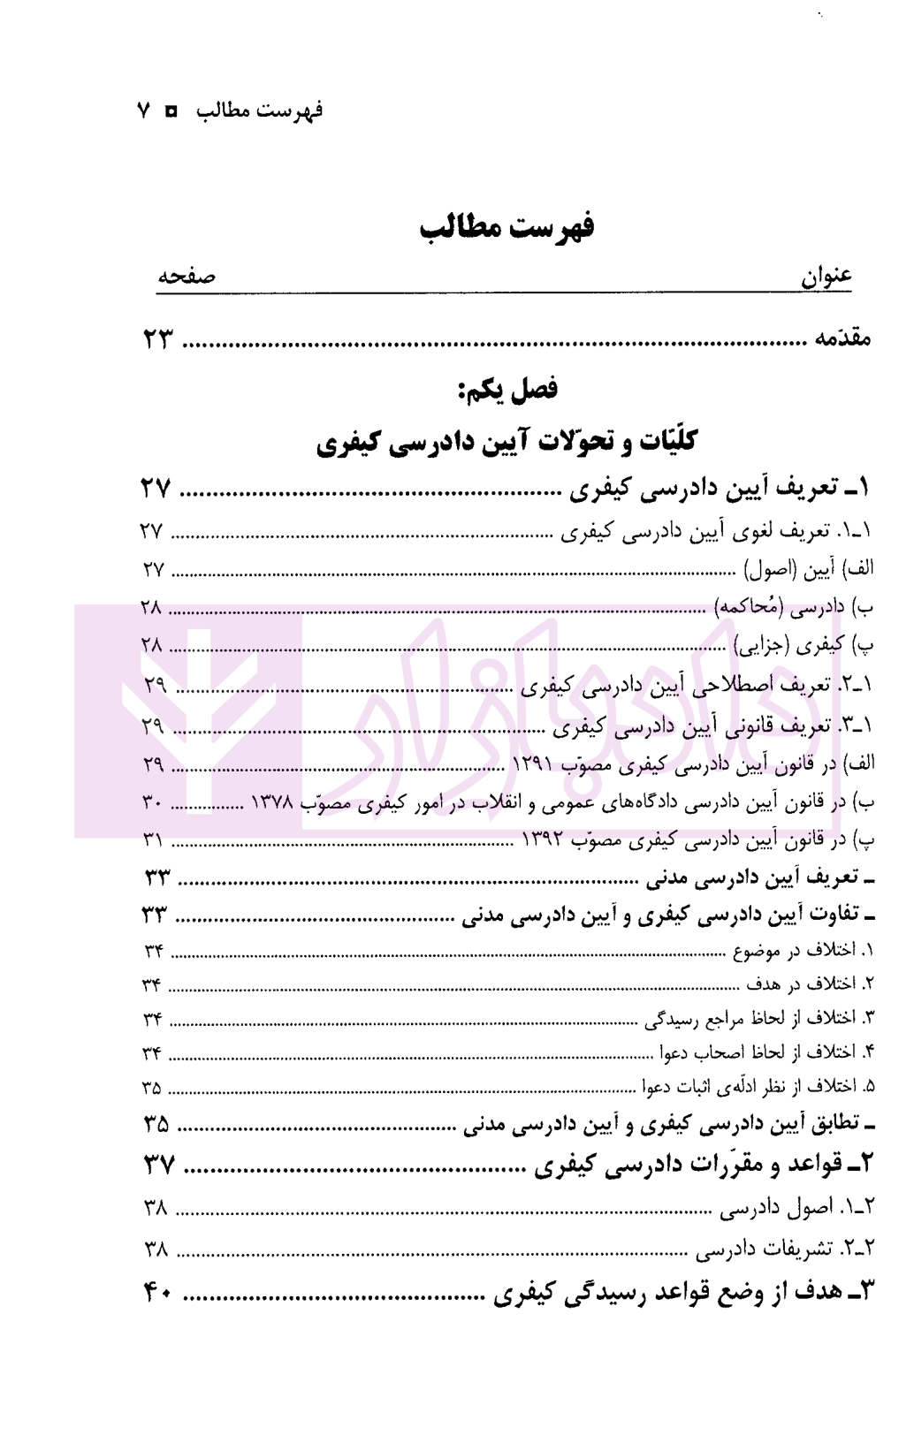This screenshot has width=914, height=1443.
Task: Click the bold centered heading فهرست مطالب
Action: pos(507,227)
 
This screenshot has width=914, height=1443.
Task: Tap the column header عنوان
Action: pos(826,277)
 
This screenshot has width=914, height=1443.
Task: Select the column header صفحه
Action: pos(187,277)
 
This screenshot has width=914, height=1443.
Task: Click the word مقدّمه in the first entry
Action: pos(842,338)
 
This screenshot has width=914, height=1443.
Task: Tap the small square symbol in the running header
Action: pos(171,111)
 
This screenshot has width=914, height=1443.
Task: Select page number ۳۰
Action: pos(152,802)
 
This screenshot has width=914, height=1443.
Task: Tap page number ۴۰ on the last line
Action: pos(156,1295)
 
